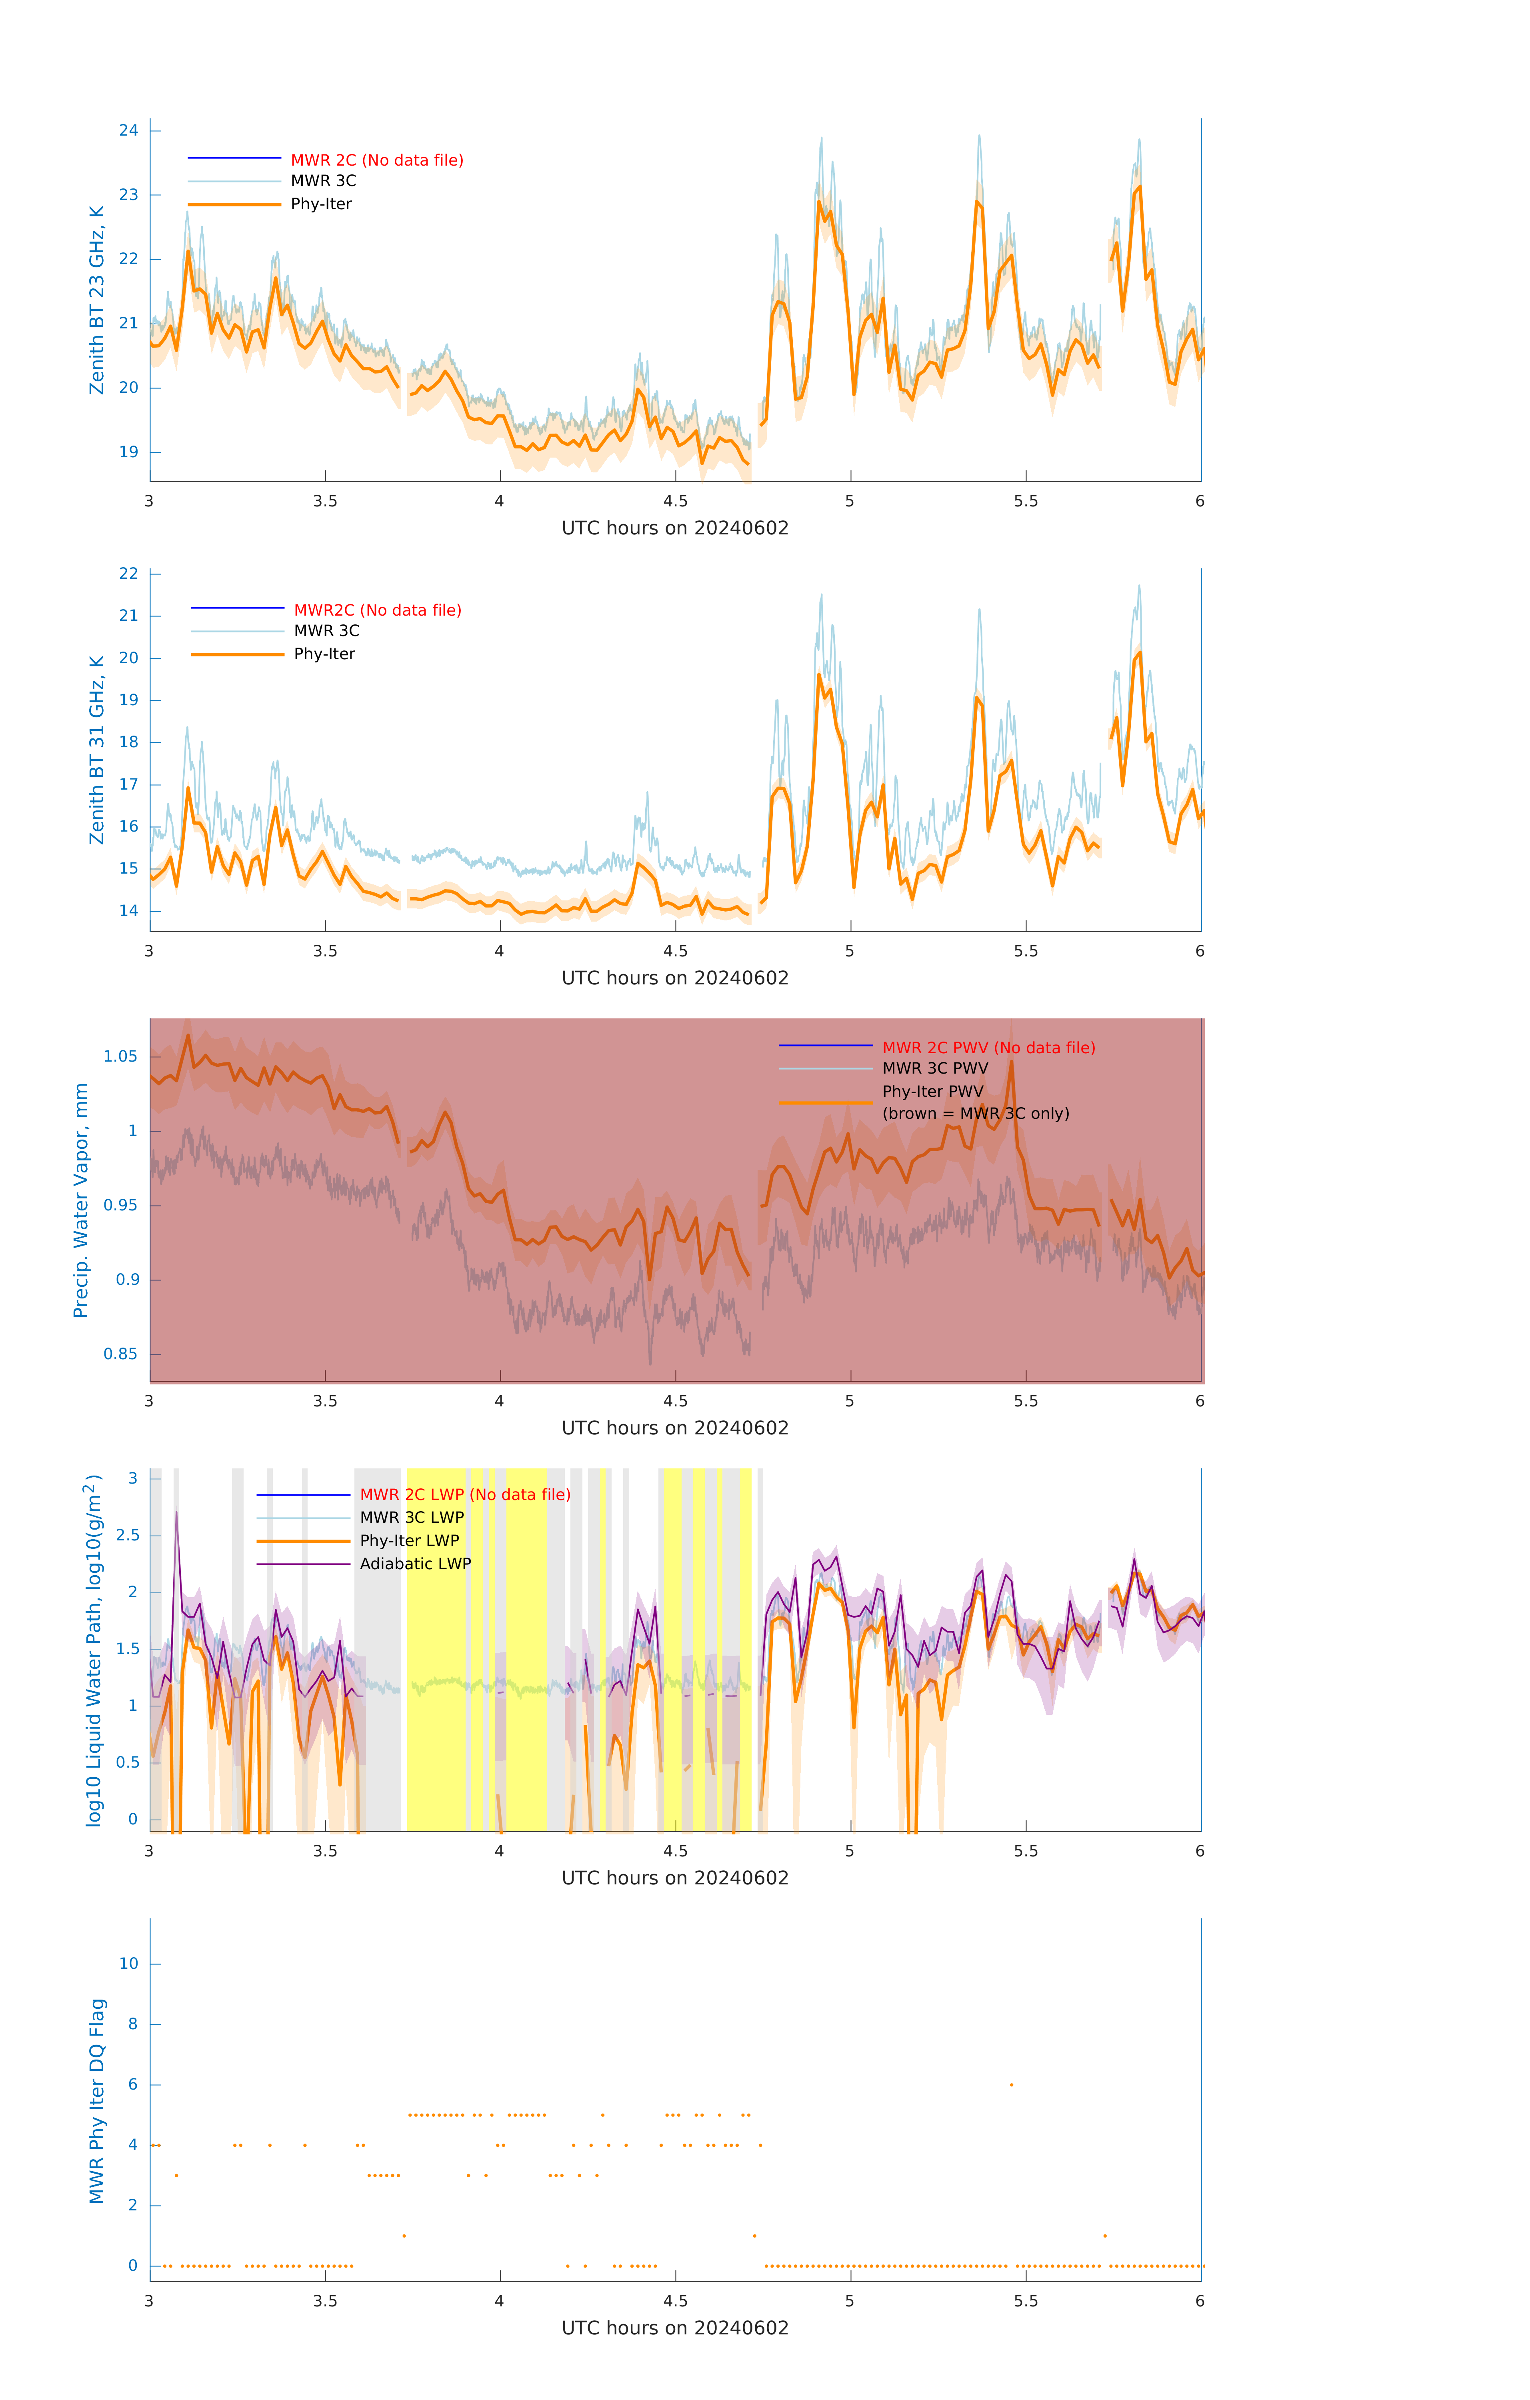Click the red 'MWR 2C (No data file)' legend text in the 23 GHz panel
(377, 160)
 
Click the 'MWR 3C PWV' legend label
(935, 1068)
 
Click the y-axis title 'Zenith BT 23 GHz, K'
(97, 300)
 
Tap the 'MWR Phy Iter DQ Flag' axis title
(97, 2101)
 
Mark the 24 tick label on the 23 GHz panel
(128, 130)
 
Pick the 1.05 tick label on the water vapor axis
(121, 1056)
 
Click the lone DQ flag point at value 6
(1012, 2084)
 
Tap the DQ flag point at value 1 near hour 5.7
(1104, 2236)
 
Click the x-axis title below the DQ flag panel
(675, 2328)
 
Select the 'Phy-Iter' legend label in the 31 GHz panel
(324, 654)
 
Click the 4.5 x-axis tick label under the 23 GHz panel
(675, 501)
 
